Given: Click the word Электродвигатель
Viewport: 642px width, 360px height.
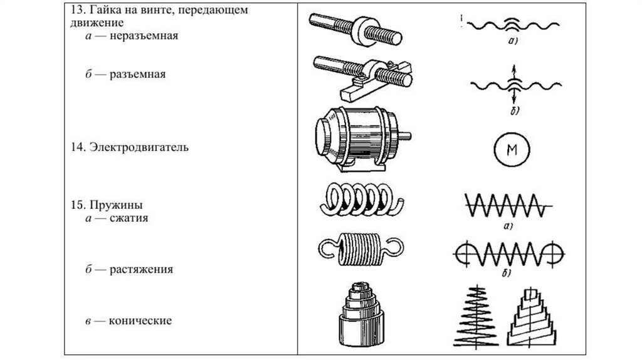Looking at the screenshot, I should coord(139,149).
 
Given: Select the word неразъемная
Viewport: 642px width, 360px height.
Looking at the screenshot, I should coord(144,36).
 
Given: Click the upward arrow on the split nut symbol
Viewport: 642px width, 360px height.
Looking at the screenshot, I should coord(513,70).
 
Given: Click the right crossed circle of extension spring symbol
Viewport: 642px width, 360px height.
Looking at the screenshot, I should coord(554,253).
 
